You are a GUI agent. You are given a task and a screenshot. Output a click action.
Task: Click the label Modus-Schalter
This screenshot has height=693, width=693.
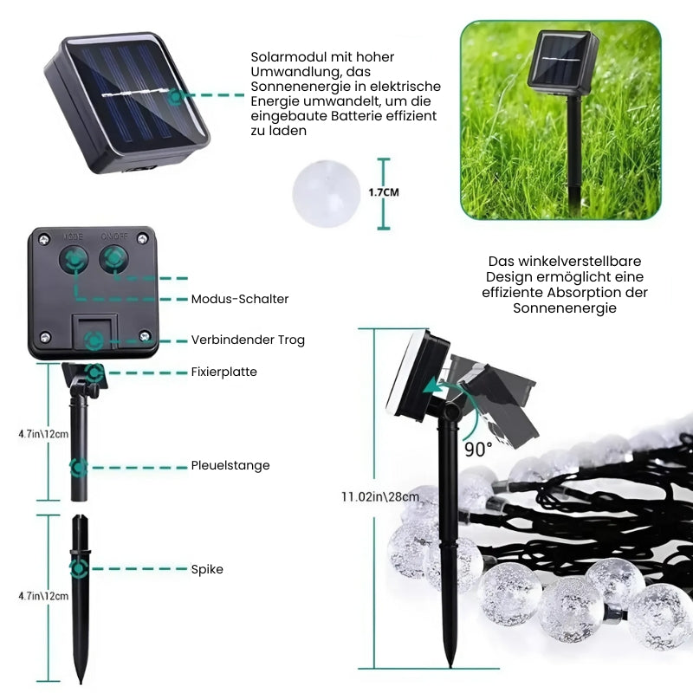(x=240, y=299)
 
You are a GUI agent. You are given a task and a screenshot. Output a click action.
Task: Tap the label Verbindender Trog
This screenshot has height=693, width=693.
(x=248, y=340)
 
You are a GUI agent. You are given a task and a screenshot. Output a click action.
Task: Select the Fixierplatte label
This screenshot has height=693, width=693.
(x=224, y=372)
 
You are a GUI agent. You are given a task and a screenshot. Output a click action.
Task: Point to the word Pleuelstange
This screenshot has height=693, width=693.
(x=230, y=465)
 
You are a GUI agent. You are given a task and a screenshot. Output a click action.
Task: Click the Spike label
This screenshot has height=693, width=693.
(x=207, y=569)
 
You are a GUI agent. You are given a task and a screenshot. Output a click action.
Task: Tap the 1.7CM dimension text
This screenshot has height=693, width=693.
(x=384, y=192)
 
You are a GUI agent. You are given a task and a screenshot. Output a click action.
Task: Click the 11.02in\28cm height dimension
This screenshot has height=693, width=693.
(x=380, y=496)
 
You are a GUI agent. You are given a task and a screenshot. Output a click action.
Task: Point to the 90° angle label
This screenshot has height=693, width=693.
(x=478, y=450)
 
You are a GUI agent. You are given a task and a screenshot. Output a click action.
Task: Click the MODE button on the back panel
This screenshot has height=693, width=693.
(x=74, y=258)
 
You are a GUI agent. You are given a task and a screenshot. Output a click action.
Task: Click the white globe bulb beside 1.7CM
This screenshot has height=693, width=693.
(x=327, y=193)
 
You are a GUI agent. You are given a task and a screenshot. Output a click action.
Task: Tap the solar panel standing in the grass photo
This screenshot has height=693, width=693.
(x=562, y=62)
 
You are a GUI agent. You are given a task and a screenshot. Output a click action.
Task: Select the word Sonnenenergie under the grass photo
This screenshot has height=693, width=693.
(x=565, y=308)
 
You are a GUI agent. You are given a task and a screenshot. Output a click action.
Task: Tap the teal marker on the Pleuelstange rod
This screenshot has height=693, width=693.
(x=79, y=468)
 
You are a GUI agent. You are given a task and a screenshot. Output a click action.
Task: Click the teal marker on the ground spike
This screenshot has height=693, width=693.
(x=79, y=569)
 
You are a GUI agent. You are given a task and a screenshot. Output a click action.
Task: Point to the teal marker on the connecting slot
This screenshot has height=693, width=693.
(x=94, y=341)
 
